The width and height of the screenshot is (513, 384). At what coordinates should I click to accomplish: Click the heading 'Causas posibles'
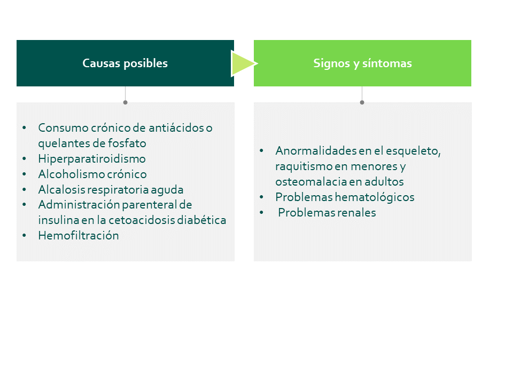coord(125,63)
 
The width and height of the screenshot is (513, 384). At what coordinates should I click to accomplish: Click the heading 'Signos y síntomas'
coord(362,63)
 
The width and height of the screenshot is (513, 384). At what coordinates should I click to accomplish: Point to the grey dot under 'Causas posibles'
coord(125,102)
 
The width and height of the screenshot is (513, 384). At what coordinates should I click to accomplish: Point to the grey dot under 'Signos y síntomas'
coord(362,102)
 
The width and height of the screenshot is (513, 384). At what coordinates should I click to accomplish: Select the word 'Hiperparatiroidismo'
coord(92,159)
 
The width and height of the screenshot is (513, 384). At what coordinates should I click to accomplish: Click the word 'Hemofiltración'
coord(79,235)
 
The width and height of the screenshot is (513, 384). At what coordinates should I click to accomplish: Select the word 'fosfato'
coord(127,143)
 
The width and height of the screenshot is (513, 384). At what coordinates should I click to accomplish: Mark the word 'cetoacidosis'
coord(142,220)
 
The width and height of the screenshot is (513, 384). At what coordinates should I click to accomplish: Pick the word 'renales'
coord(356,213)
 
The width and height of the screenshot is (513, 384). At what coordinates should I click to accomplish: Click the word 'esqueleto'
coord(413,151)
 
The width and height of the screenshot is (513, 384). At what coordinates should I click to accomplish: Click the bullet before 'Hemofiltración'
coord(24,235)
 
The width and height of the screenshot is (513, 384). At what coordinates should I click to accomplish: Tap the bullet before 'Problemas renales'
coord(261,212)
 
